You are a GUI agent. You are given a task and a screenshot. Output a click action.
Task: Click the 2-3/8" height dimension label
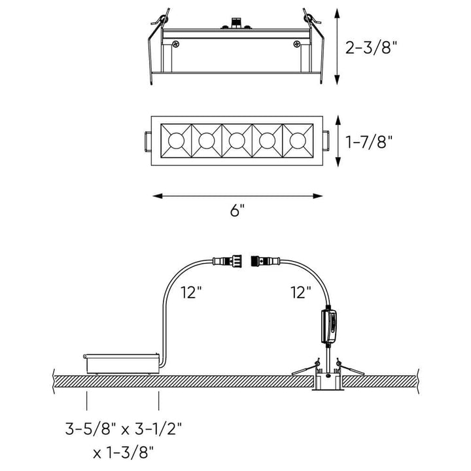pyautogui.click(x=371, y=47)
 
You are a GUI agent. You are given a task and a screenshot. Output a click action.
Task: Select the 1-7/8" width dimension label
pyautogui.click(x=371, y=141)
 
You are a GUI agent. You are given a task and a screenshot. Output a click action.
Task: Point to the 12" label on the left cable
pyautogui.click(x=191, y=294)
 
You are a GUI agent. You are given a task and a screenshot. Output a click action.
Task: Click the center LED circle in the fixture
pyautogui.click(x=237, y=140)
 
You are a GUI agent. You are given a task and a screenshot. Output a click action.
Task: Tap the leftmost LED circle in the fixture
pyautogui.click(x=175, y=140)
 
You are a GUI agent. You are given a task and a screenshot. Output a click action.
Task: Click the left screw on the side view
pyautogui.click(x=176, y=44)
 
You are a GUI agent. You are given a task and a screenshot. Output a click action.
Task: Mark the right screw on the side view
pyautogui.click(x=298, y=44)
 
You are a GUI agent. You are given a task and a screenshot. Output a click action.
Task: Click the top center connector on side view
pyautogui.click(x=237, y=24)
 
